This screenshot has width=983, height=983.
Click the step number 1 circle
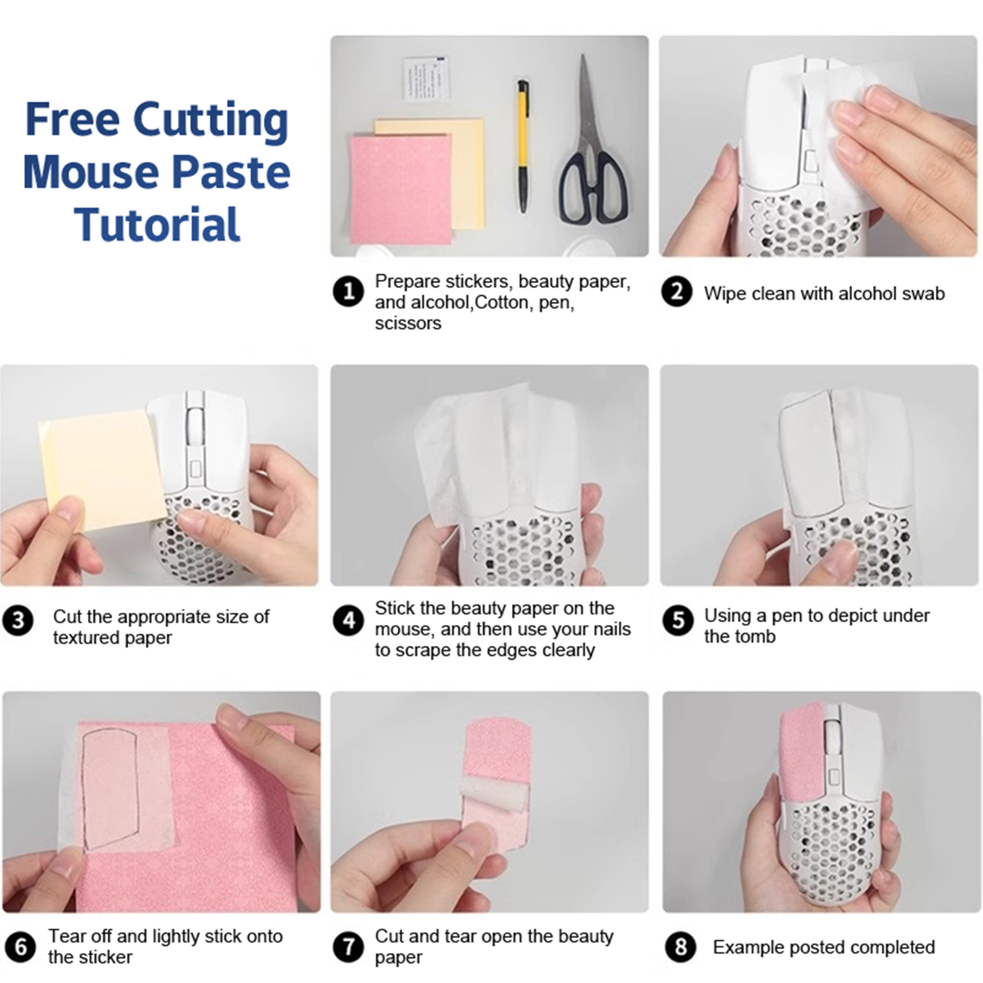click(x=348, y=291)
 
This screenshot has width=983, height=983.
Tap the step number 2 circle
click(x=676, y=291)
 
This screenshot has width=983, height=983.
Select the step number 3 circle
click(x=18, y=621)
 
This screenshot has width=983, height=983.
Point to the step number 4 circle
click(x=348, y=621)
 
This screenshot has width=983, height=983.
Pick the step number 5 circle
click(x=678, y=621)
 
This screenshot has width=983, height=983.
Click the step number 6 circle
click(x=20, y=947)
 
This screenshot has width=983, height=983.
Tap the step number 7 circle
click(x=348, y=947)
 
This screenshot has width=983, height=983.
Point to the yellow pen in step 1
click(x=522, y=146)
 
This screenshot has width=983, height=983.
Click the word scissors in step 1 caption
click(x=408, y=323)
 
